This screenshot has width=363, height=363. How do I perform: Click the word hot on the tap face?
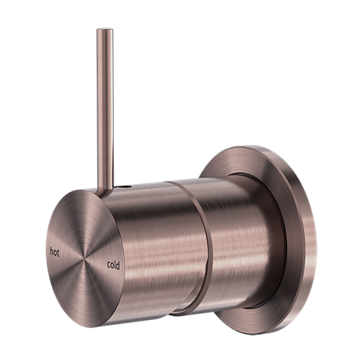[x=59, y=251]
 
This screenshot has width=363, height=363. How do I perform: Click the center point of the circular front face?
[x=85, y=259]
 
